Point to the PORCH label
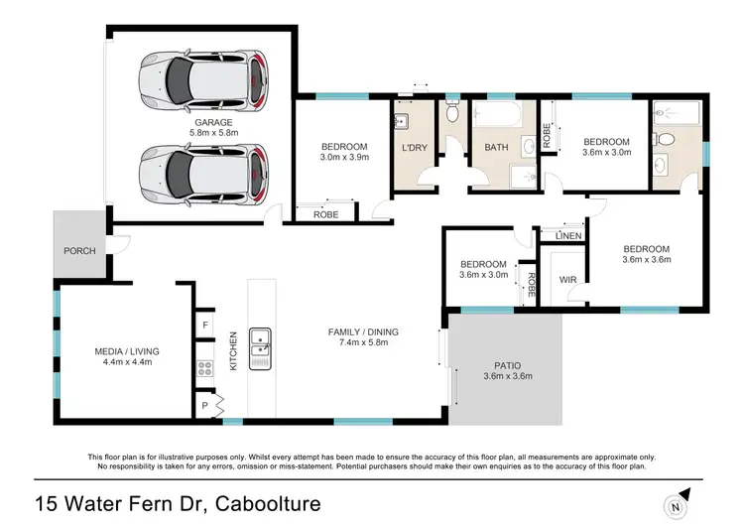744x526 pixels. click(x=79, y=251)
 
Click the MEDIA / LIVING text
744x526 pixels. click(x=126, y=351)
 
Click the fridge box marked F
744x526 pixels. click(x=205, y=326)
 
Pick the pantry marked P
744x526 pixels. click(x=205, y=406)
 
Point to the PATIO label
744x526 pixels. click(x=507, y=364)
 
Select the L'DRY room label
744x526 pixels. click(x=414, y=148)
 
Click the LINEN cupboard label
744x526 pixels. click(x=567, y=235)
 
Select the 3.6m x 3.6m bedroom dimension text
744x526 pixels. click(x=647, y=261)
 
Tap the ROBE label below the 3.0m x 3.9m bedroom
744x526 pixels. click(x=326, y=214)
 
